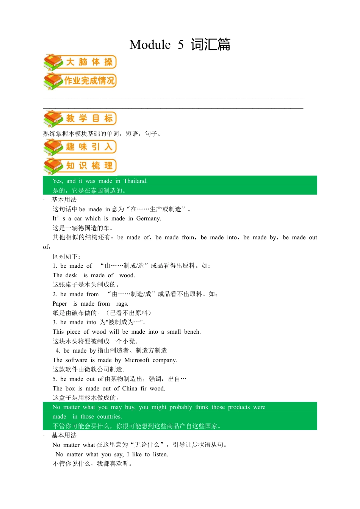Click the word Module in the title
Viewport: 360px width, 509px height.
tap(150, 45)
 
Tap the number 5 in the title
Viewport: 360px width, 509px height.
tap(181, 45)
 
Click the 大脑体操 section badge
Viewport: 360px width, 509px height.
tap(80, 62)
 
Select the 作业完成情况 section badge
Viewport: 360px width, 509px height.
tap(80, 81)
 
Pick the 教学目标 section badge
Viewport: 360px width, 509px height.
tap(80, 119)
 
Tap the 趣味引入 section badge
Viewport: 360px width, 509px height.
tap(80, 147)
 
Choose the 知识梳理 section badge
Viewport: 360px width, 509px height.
tap(80, 166)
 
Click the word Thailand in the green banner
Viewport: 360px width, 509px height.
tap(135, 181)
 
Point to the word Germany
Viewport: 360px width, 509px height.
tap(149, 219)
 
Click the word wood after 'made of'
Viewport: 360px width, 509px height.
tap(127, 275)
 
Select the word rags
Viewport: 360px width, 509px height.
tap(122, 304)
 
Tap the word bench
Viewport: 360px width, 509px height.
tap(192, 332)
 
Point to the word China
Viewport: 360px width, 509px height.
tap(130, 389)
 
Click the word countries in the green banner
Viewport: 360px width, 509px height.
tap(110, 417)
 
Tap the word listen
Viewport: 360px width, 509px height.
tap(160, 454)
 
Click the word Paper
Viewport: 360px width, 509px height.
tap(59, 304)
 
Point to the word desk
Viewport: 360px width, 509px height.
tap(70, 275)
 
